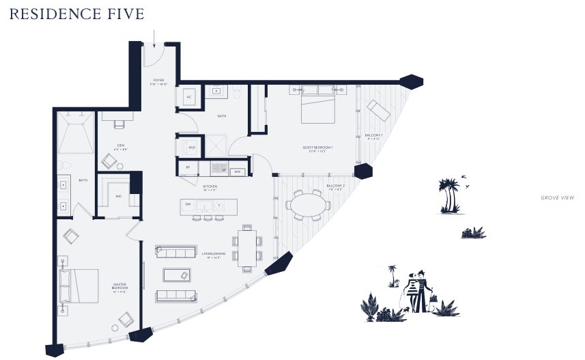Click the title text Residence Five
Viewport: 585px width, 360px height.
point(76,14)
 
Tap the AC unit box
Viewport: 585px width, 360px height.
point(189,98)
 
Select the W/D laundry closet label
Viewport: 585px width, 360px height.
point(190,147)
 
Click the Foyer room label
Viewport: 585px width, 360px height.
point(158,82)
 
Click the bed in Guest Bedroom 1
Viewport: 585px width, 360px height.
point(318,106)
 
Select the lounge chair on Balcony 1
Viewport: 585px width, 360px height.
point(379,110)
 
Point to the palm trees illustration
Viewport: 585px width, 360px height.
point(450,195)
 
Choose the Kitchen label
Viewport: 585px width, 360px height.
point(210,185)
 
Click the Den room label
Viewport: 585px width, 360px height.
point(120,146)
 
